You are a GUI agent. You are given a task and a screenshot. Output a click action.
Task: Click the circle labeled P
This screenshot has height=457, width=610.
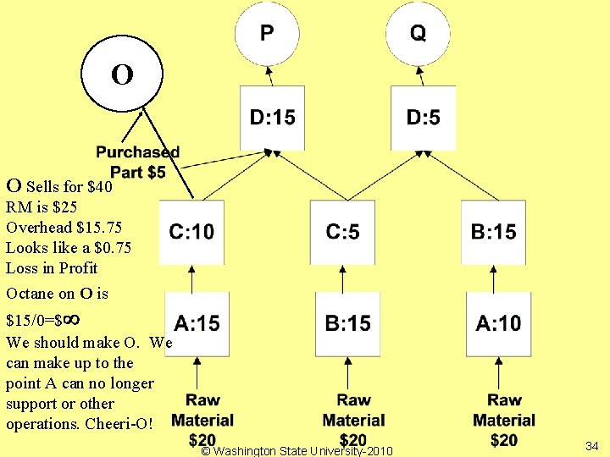(x=266, y=34)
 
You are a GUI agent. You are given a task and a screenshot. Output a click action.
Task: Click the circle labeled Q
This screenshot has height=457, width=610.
(x=418, y=34)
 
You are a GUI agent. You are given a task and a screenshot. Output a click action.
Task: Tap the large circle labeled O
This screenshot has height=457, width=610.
(x=122, y=74)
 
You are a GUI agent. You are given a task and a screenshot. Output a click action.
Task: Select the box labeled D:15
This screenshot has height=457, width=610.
(x=272, y=118)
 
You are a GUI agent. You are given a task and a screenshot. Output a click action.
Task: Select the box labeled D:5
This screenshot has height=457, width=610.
(x=423, y=118)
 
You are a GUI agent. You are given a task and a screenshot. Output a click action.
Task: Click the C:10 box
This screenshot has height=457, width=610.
(x=191, y=232)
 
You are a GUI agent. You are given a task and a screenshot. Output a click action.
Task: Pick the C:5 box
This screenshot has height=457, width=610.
(x=342, y=232)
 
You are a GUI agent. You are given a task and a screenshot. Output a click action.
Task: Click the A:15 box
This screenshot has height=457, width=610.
(x=197, y=323)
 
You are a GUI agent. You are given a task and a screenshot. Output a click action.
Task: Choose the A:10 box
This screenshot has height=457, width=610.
(x=498, y=323)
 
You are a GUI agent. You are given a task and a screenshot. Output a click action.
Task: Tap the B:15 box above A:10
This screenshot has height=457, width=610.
(x=493, y=232)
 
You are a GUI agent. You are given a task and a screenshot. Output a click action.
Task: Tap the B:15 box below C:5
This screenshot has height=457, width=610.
(x=347, y=323)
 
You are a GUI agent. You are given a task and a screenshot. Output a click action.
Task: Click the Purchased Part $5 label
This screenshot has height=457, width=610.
(x=137, y=162)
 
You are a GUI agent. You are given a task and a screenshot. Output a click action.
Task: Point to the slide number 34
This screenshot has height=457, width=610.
(x=591, y=445)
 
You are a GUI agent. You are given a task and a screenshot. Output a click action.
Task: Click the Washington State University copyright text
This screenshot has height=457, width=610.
(x=297, y=451)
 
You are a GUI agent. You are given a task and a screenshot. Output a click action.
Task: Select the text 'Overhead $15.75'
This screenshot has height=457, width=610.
(x=64, y=228)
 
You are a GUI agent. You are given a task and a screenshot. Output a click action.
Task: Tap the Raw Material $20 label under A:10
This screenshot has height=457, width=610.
(x=504, y=420)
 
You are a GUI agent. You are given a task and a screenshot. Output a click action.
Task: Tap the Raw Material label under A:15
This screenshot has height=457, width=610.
(x=202, y=410)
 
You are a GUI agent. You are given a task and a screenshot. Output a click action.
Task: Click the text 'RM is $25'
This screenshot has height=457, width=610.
(x=42, y=207)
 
